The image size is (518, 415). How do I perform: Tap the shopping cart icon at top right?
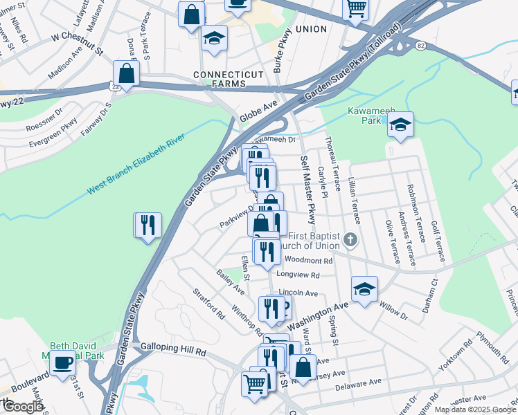[356, 9]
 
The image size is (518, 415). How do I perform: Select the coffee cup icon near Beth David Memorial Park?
[63, 362]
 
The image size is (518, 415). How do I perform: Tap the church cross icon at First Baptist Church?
[351, 241]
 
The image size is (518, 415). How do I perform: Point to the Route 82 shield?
[420, 45]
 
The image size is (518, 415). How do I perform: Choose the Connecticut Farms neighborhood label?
[229, 79]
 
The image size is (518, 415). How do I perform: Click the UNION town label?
[310, 30]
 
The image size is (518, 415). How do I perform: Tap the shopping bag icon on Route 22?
[127, 72]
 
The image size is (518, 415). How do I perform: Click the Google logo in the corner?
[23, 407]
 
